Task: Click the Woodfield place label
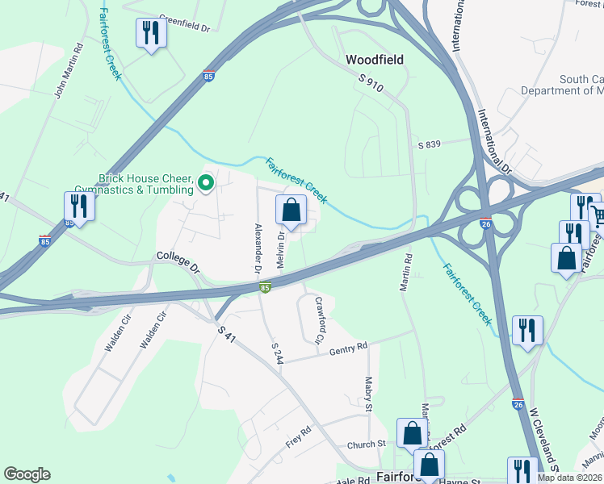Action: pyautogui.click(x=374, y=60)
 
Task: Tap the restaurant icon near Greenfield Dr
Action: pyautogui.click(x=150, y=33)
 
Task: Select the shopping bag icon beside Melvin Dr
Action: pyautogui.click(x=292, y=211)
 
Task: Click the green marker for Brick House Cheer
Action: pyautogui.click(x=205, y=183)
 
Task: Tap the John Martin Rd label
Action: pyautogui.click(x=69, y=71)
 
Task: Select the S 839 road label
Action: pyautogui.click(x=430, y=144)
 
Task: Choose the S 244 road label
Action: pyautogui.click(x=277, y=353)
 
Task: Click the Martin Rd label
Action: pyautogui.click(x=406, y=273)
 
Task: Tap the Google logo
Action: pyautogui.click(x=27, y=474)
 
